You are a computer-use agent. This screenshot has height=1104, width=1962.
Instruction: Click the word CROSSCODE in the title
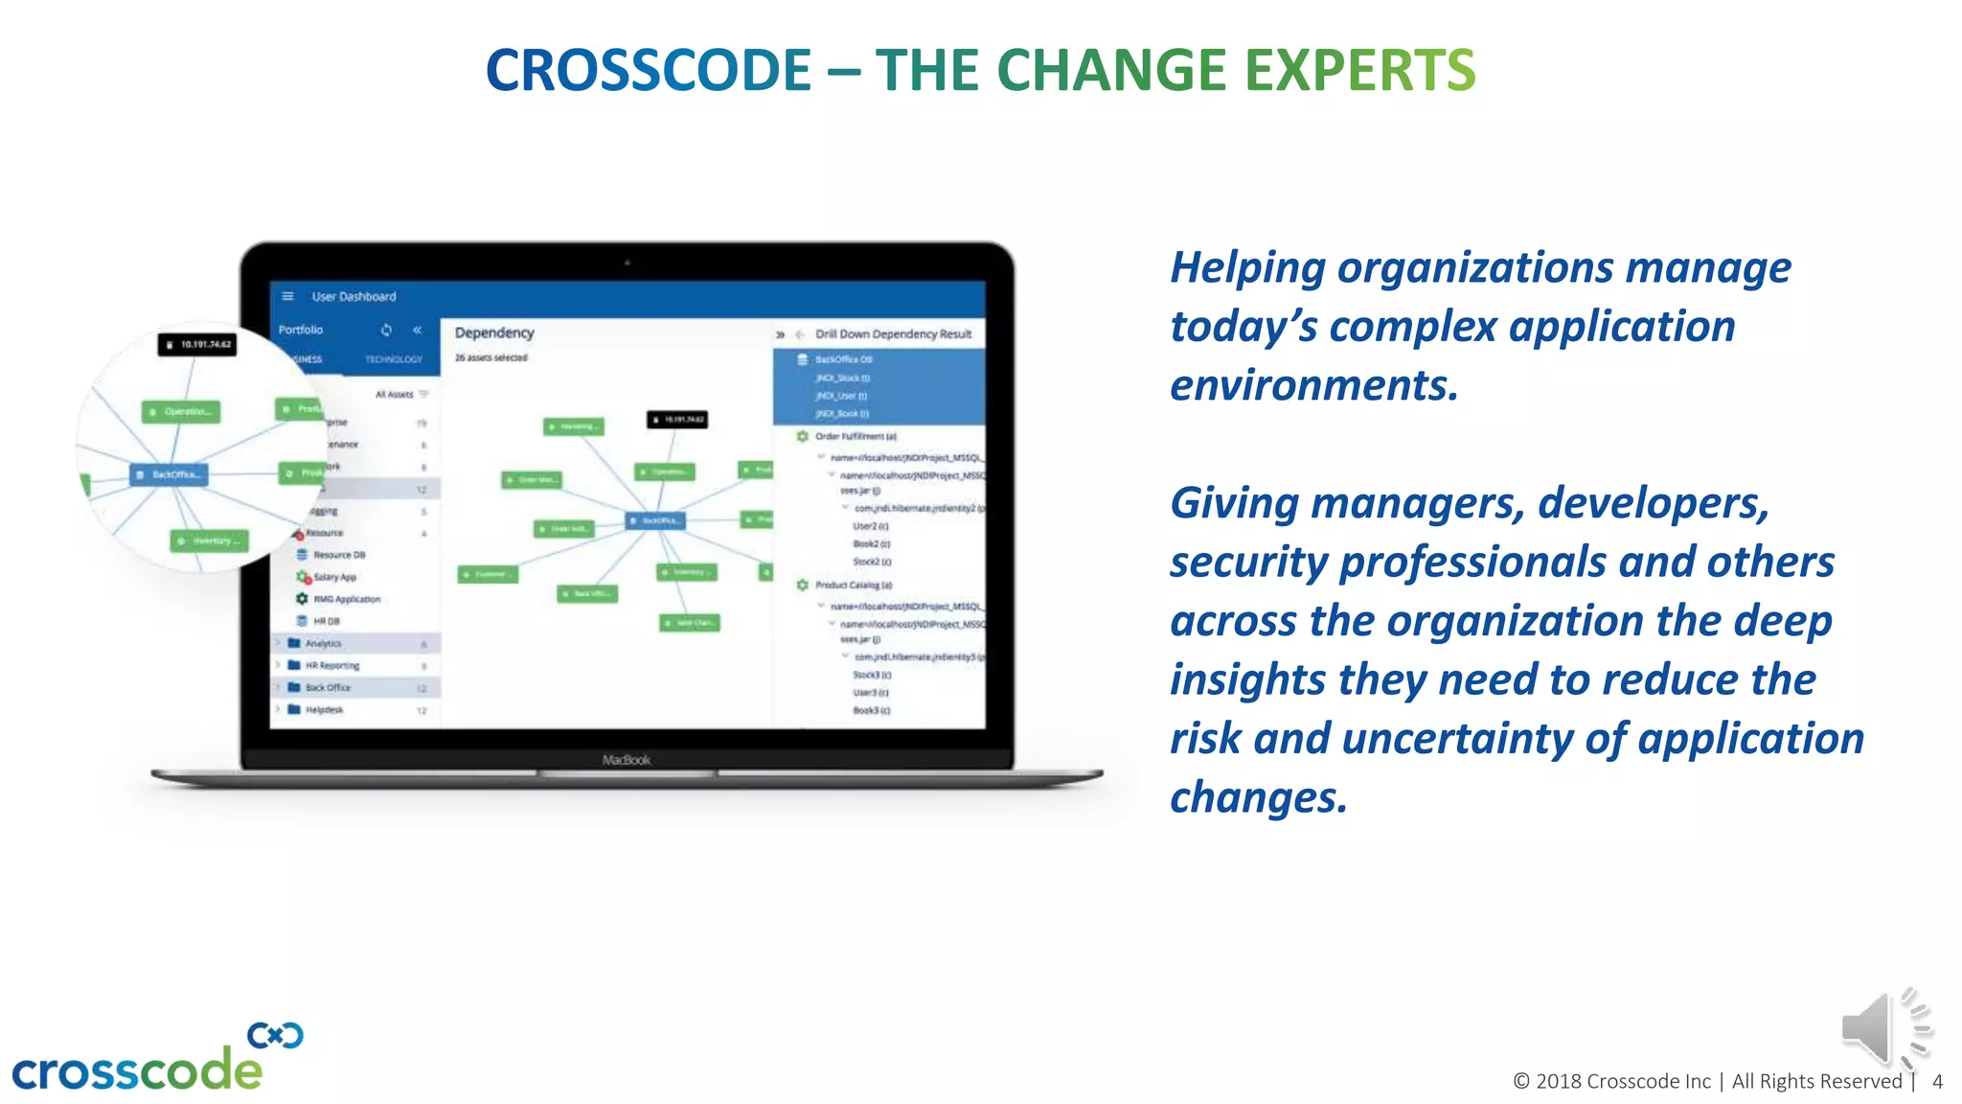pos(649,71)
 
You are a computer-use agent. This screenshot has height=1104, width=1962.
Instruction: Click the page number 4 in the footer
pos(1937,1082)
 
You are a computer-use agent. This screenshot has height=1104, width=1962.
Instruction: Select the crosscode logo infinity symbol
pos(275,1036)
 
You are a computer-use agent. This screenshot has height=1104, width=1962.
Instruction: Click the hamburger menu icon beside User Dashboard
pos(287,296)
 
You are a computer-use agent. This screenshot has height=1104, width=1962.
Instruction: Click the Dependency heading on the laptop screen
pos(494,333)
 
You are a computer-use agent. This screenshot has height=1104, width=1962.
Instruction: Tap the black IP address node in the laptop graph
pos(677,419)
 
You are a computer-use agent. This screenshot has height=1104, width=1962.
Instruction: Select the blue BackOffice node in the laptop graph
pos(656,520)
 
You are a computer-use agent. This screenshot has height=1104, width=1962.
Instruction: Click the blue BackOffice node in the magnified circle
pos(170,474)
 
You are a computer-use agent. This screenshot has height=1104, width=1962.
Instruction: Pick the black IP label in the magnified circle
pos(197,344)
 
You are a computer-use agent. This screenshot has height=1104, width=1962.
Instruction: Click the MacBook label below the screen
pos(627,760)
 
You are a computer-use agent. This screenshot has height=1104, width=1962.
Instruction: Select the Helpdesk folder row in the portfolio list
pos(325,710)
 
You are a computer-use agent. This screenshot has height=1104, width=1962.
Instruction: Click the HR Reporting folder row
pos(331,665)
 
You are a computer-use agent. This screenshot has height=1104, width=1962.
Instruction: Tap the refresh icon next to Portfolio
pos(386,330)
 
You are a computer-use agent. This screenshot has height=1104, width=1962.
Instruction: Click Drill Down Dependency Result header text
pos(893,333)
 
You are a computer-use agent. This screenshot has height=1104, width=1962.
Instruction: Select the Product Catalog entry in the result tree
pos(853,585)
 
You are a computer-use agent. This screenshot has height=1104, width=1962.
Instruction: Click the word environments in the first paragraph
pos(1312,385)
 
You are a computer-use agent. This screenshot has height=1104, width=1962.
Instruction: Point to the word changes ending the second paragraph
pos(1258,797)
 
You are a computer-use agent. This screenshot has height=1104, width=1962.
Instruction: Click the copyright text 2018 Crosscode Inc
pos(1623,1082)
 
